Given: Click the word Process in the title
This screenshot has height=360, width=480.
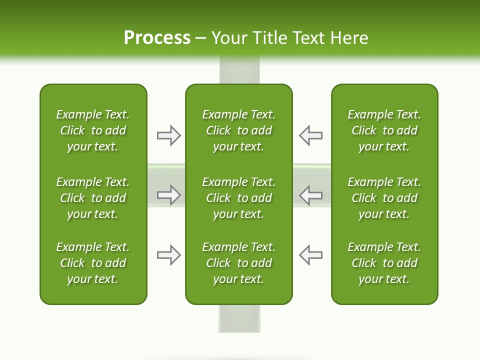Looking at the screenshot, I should click(157, 38).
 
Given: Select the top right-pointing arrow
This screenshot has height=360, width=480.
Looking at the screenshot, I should click(168, 135).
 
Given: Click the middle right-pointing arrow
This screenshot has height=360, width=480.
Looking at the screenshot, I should click(168, 195).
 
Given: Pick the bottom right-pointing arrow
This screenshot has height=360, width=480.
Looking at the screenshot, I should click(168, 255).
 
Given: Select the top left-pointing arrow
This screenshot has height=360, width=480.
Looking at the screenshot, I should click(310, 135).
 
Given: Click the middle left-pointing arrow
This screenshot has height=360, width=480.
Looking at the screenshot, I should click(310, 195).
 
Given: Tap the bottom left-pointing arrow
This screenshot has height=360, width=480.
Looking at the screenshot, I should click(310, 255).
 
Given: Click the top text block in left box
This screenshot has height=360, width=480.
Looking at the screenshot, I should click(93, 130).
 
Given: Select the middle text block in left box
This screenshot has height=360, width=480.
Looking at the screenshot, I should click(93, 198).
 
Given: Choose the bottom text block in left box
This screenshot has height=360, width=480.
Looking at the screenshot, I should click(93, 263).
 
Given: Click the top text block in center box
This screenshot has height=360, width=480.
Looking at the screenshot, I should click(239, 130).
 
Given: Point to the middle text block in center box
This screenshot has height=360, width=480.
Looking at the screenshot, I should click(239, 198).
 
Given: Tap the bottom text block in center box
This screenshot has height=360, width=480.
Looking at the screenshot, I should click(239, 263).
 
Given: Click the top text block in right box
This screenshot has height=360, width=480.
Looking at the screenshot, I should click(384, 130).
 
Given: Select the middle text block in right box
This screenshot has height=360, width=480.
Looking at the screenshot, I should click(384, 198).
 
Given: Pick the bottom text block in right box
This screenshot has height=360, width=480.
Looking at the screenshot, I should click(384, 263).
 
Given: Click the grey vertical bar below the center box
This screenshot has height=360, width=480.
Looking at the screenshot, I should click(239, 318).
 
